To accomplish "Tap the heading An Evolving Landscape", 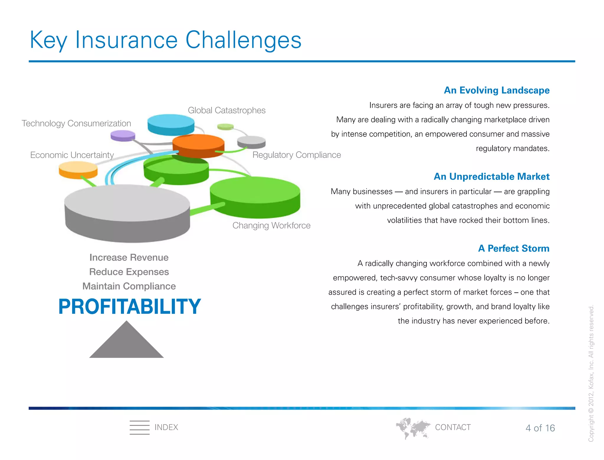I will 497,90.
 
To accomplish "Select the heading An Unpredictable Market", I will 491,176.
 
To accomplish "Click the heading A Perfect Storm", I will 513,248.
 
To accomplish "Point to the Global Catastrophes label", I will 226,110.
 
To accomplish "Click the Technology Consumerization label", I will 76,123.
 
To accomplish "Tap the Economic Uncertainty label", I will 72,155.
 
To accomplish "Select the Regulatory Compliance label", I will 296,155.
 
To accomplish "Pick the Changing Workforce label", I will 271,225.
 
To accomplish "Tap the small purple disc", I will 123,136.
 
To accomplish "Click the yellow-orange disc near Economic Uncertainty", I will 78,170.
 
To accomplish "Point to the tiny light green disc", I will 225,127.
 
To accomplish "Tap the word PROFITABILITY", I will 129,307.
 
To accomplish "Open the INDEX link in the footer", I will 166,427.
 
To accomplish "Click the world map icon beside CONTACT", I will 413,428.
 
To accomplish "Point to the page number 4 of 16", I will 540,428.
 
